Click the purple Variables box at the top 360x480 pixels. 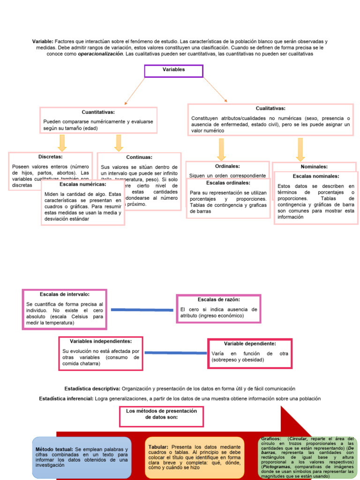click(173, 70)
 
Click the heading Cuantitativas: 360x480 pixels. click(98, 112)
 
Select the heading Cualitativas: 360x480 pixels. click(270, 108)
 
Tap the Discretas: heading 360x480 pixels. click(51, 157)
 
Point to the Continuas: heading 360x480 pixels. click(139, 157)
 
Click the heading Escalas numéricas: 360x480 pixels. click(83, 184)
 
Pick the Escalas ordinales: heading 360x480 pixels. click(228, 183)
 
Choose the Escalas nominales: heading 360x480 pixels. click(316, 176)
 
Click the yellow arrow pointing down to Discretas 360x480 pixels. click(61, 142)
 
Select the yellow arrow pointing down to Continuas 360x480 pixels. click(119, 142)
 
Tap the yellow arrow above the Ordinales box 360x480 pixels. click(221, 149)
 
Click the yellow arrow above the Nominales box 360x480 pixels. click(300, 149)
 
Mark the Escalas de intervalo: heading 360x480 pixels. click(65, 294)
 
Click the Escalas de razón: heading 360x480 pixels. click(218, 299)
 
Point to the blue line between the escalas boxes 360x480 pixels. click(142, 309)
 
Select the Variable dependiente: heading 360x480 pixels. click(250, 344)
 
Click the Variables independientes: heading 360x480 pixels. click(101, 341)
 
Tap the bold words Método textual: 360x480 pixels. click(54, 450)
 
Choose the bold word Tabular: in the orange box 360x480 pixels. click(158, 447)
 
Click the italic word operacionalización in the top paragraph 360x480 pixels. click(100, 54)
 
